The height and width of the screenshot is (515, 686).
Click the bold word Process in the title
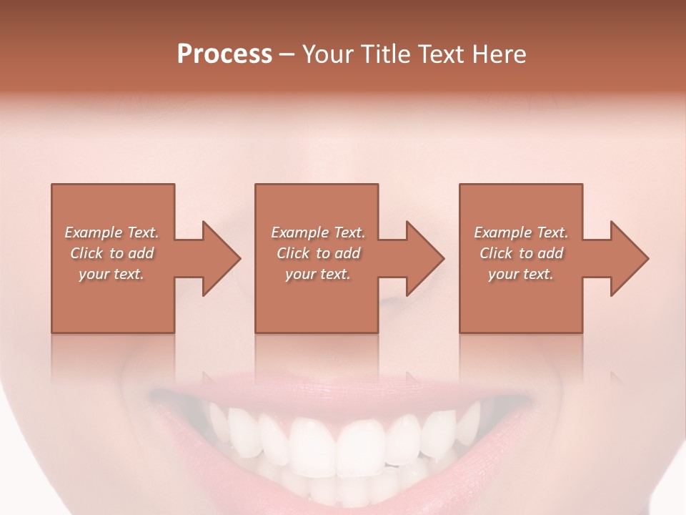[224, 54]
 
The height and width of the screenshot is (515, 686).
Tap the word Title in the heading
[384, 54]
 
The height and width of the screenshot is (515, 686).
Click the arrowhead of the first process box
[221, 258]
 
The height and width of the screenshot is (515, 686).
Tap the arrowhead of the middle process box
[424, 258]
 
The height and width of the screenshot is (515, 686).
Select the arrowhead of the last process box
[629, 258]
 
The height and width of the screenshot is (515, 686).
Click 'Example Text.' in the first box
[111, 232]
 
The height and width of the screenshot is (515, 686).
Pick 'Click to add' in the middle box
[318, 253]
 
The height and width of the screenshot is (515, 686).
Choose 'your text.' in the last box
[521, 274]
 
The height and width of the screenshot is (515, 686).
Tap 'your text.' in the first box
[111, 274]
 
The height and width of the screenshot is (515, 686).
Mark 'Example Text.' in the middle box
[318, 232]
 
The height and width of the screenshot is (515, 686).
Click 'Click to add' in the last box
[521, 253]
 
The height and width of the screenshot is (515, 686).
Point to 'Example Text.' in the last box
[521, 232]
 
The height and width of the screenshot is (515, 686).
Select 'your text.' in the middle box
[318, 274]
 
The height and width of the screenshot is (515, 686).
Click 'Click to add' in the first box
[111, 253]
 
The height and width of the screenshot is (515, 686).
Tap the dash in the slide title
[287, 54]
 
